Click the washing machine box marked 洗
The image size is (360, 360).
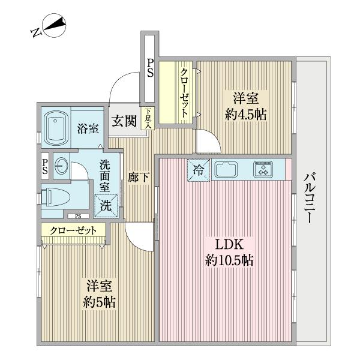click(x=106, y=203)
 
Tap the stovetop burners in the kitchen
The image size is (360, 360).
click(x=263, y=169)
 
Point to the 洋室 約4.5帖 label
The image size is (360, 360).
click(x=245, y=106)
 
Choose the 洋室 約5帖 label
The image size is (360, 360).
click(x=100, y=294)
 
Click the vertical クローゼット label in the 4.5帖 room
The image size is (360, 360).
click(x=185, y=92)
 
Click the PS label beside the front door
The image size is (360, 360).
click(x=149, y=68)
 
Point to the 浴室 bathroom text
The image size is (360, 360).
click(x=89, y=127)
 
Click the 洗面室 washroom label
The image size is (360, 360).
click(x=105, y=173)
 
